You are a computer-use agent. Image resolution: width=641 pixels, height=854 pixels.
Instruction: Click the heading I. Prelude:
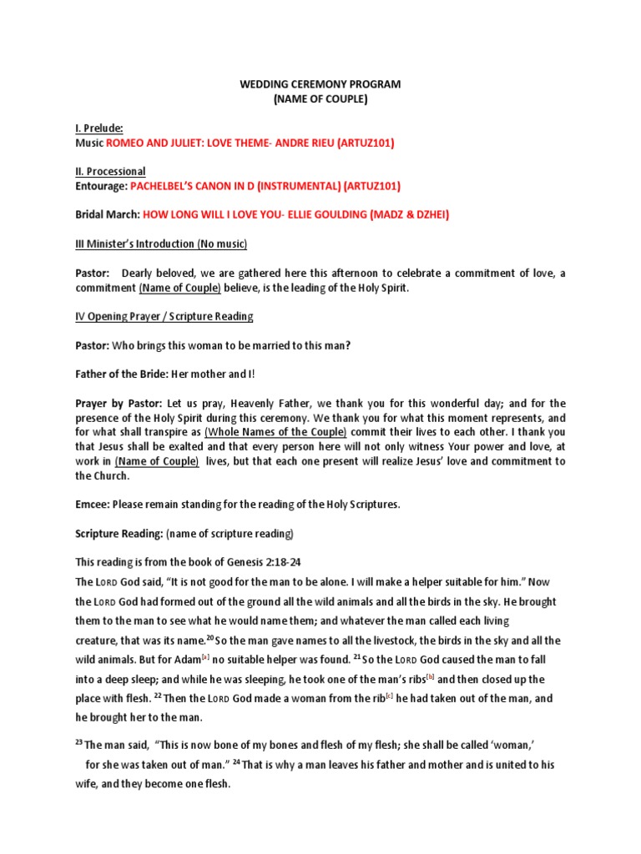coord(99,128)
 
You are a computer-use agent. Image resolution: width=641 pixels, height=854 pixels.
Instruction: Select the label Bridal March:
coord(107,215)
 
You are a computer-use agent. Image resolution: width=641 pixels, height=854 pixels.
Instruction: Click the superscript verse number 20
coord(211,638)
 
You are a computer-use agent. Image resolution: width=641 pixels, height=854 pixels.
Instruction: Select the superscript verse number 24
coord(236,762)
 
